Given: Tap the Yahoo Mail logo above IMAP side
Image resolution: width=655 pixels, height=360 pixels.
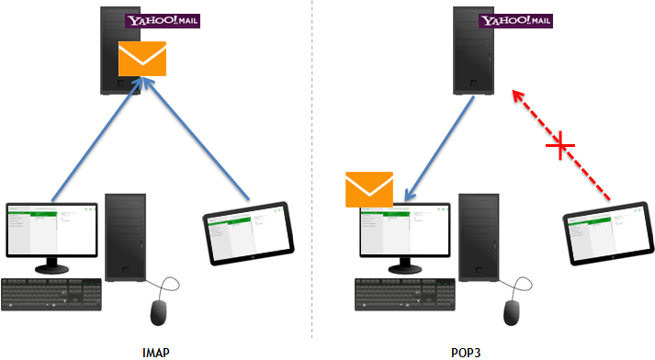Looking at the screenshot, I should [164, 19].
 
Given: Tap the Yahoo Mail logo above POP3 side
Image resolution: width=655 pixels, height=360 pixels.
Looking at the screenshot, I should [518, 19].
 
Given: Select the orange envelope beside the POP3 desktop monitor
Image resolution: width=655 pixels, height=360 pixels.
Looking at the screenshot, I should [368, 190].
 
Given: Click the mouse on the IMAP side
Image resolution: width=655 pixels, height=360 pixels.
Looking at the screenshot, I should [163, 311].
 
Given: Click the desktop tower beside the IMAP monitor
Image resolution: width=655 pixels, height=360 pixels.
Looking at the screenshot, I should [124, 236].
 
